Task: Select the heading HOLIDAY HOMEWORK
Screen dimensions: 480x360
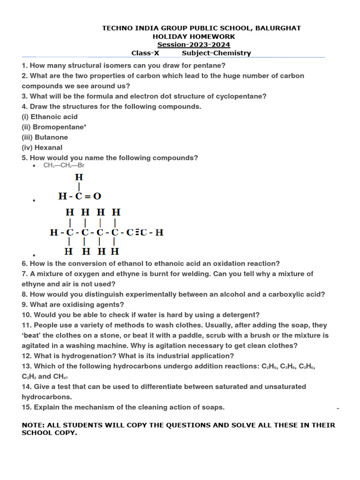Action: point(194,37)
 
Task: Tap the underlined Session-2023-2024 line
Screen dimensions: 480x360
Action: point(194,45)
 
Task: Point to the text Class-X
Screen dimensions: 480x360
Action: point(145,53)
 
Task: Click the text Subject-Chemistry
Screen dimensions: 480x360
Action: point(216,53)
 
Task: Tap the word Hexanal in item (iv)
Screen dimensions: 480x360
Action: point(48,148)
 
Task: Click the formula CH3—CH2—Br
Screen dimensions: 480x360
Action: point(64,165)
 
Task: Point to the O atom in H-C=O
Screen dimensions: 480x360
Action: point(97,196)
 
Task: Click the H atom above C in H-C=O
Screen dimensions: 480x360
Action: point(79,177)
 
